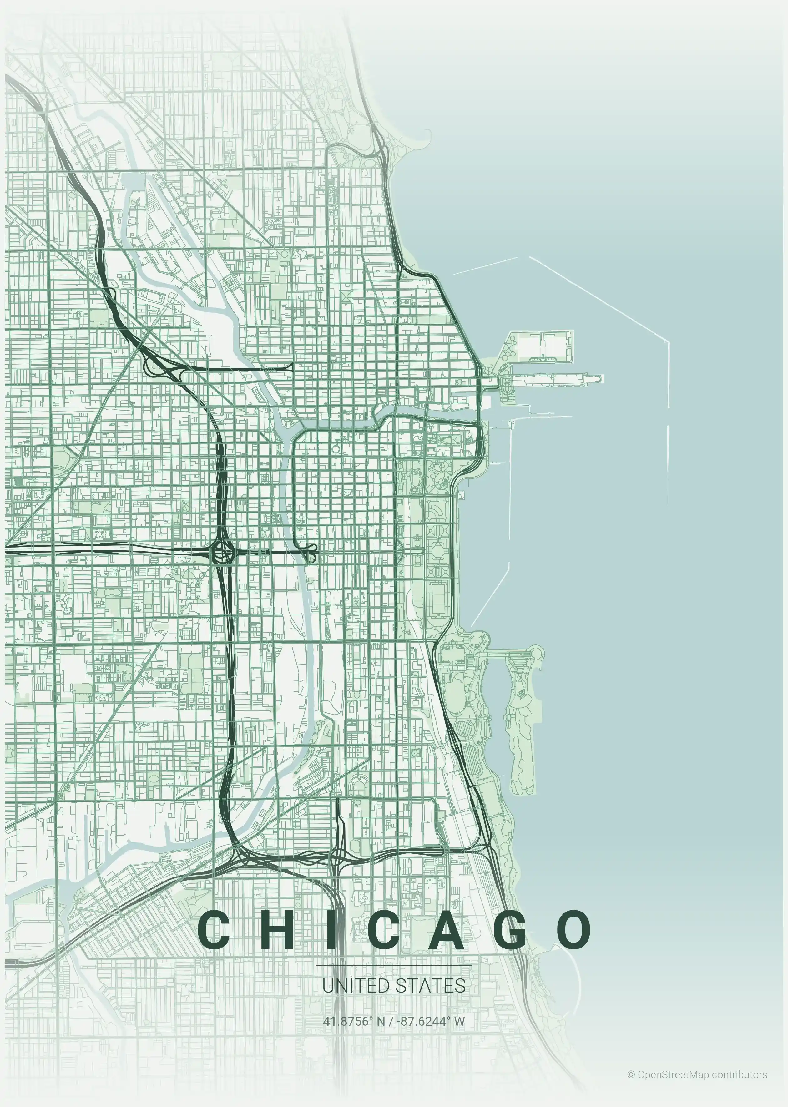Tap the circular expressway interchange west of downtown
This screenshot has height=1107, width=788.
(x=223, y=552)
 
